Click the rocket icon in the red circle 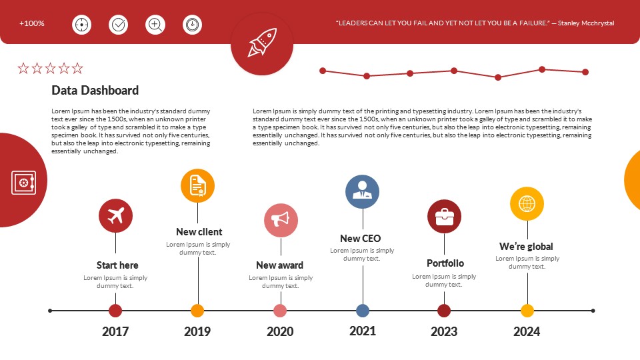(262, 43)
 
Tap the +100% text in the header (32, 23)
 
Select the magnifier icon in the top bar (155, 25)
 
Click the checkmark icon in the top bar (119, 25)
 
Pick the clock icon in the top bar (192, 25)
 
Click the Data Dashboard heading (95, 91)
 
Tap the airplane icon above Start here (115, 216)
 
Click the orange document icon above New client (197, 185)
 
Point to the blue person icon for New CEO (362, 191)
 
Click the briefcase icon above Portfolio (444, 217)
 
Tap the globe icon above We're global (527, 203)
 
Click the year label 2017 (115, 331)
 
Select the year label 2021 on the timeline (363, 331)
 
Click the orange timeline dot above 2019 (197, 311)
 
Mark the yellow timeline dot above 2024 (527, 311)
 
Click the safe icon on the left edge (23, 182)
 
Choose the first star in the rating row (23, 68)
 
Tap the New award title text (279, 265)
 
